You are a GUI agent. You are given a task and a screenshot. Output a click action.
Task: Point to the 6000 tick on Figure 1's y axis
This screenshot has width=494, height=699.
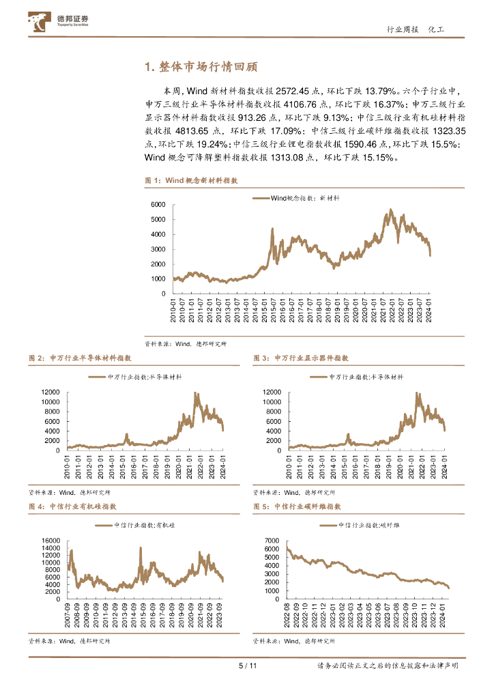click(157, 205)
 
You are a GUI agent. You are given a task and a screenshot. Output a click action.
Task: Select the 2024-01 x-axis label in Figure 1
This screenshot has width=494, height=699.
click(429, 306)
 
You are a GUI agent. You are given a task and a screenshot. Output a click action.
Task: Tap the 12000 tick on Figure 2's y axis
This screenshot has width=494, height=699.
click(51, 393)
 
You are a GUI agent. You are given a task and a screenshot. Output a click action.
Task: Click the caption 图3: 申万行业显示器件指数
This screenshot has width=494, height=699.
click(301, 358)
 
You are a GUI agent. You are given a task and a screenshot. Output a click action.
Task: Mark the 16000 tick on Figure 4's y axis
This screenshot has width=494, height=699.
click(51, 541)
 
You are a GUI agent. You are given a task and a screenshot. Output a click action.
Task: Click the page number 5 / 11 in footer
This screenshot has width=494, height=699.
click(246, 666)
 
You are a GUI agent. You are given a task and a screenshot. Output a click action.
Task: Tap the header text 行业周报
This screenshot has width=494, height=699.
click(401, 30)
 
